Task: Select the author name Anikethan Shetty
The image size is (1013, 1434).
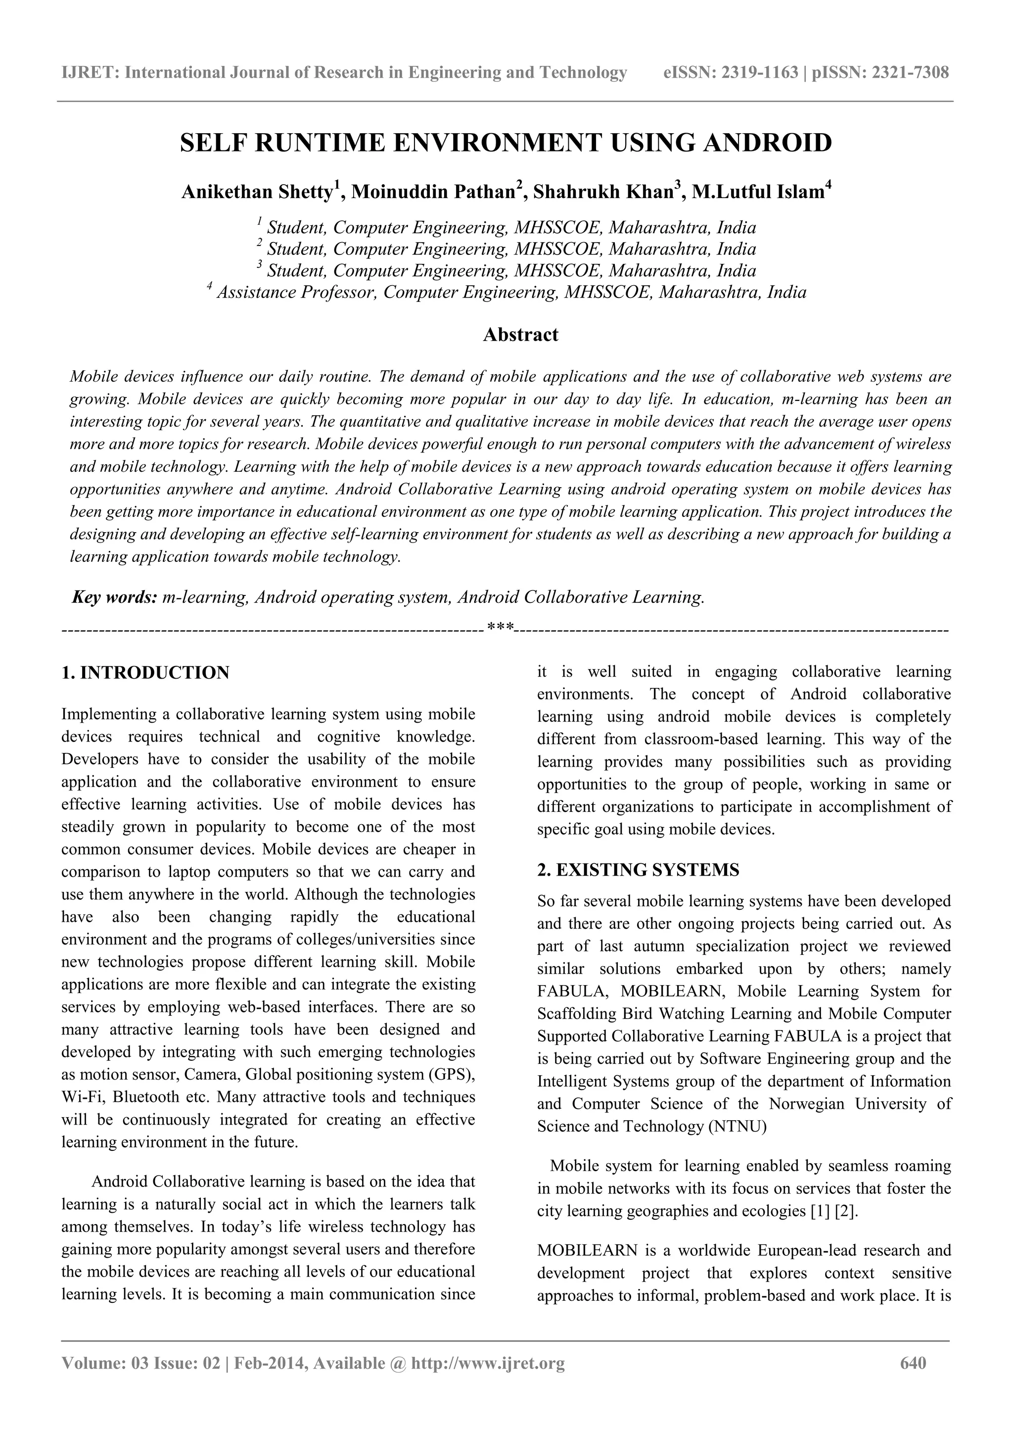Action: (257, 192)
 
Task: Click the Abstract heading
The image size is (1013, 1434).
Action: (520, 335)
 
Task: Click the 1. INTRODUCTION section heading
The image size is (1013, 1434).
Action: (145, 673)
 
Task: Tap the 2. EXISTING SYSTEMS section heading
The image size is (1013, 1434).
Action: (638, 870)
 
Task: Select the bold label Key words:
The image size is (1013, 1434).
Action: (114, 597)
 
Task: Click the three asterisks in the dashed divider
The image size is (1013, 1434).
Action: (499, 625)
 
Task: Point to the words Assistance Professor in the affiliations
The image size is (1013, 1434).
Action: (296, 293)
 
